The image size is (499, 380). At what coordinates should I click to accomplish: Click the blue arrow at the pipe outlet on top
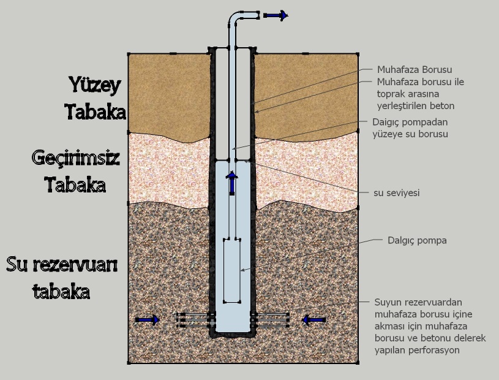275,15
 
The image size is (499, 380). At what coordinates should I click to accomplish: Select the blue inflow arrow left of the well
147,319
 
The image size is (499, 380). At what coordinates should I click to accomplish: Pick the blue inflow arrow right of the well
314,319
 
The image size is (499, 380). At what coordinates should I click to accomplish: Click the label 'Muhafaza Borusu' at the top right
415,70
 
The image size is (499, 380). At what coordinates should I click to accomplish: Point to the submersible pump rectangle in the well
232,270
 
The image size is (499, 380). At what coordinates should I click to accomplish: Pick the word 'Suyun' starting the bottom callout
387,302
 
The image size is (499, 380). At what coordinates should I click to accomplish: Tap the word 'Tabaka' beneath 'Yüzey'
96,112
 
